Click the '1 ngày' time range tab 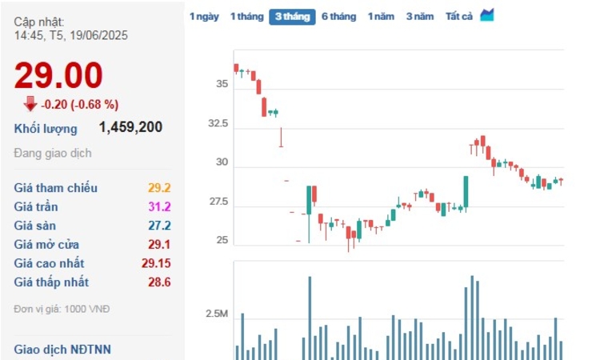[204, 16]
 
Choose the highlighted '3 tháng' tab [292, 16]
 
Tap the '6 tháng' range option [338, 16]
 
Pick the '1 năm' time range [381, 16]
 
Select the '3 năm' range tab [419, 16]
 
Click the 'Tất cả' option [459, 16]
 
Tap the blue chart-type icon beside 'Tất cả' [487, 15]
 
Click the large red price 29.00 [58, 76]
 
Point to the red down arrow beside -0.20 [30, 103]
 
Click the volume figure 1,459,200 [130, 127]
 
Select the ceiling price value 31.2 [159, 207]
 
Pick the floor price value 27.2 [159, 226]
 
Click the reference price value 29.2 [159, 188]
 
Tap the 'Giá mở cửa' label [46, 245]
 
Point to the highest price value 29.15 [156, 263]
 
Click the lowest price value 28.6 [159, 282]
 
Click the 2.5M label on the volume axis [217, 314]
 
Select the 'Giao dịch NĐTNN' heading [62, 349]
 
